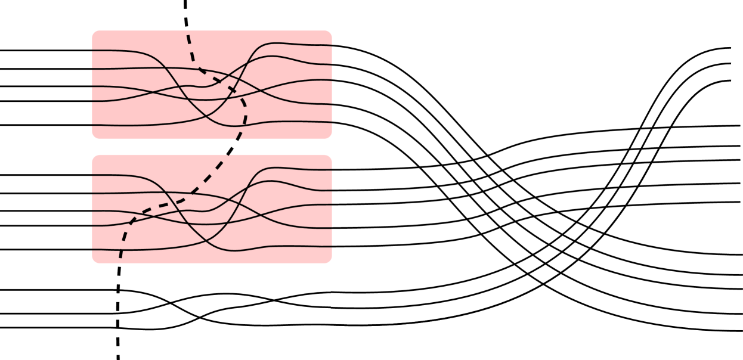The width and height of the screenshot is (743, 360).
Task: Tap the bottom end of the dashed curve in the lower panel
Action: click(120, 257)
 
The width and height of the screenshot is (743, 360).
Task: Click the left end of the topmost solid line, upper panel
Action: click(92, 51)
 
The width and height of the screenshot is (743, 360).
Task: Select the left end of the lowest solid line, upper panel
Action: click(92, 125)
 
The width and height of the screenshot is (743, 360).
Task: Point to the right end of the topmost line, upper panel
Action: click(332, 45)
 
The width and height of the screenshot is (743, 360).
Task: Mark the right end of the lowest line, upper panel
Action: click(332, 122)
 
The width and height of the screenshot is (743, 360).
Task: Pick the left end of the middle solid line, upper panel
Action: click(92, 86)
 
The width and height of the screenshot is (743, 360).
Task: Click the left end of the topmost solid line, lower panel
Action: click(92, 175)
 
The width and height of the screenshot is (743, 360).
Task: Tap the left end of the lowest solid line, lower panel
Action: click(92, 250)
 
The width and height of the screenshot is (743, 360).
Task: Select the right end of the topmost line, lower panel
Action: click(332, 169)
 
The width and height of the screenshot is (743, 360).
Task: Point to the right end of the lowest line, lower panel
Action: click(332, 246)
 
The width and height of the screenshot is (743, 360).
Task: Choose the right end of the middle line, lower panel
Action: click(332, 204)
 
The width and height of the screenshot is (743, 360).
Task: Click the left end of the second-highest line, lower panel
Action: click(92, 193)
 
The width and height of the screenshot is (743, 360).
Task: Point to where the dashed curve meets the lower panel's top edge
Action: click(229, 155)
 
